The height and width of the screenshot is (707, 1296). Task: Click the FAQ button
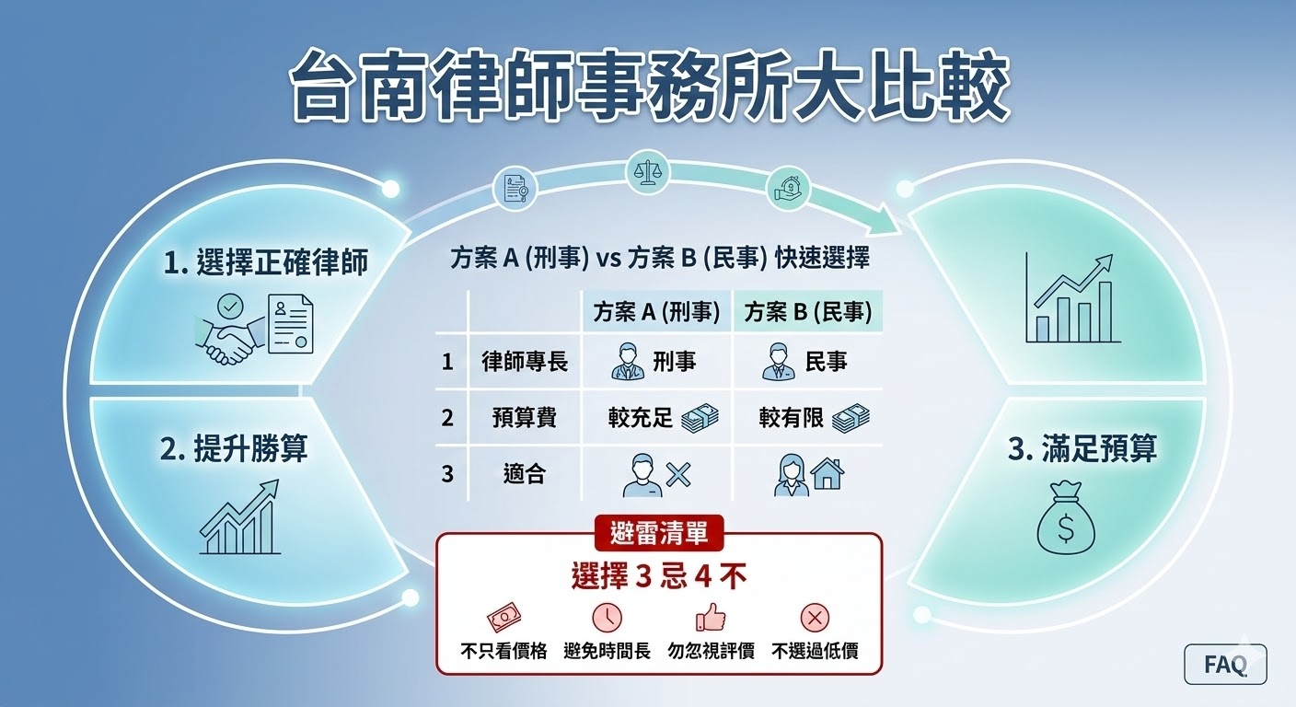(1224, 664)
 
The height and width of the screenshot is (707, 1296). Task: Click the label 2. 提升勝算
(234, 448)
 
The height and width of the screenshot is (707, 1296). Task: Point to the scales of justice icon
(646, 172)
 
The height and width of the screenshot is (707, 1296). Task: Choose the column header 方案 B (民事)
(807, 312)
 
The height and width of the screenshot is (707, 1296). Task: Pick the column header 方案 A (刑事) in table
(655, 312)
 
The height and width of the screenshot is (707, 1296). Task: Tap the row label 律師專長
(525, 362)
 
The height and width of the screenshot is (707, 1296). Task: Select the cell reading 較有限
(790, 418)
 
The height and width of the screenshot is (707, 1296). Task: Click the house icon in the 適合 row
(827, 474)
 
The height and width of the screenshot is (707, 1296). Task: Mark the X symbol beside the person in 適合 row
(677, 475)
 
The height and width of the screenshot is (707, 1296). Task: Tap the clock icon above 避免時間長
(607, 616)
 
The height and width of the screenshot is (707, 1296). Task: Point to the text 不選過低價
(815, 651)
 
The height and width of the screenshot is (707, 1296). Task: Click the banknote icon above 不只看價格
(503, 616)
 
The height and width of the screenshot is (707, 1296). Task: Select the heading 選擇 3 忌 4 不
(658, 577)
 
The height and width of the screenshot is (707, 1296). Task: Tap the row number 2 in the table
(447, 418)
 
